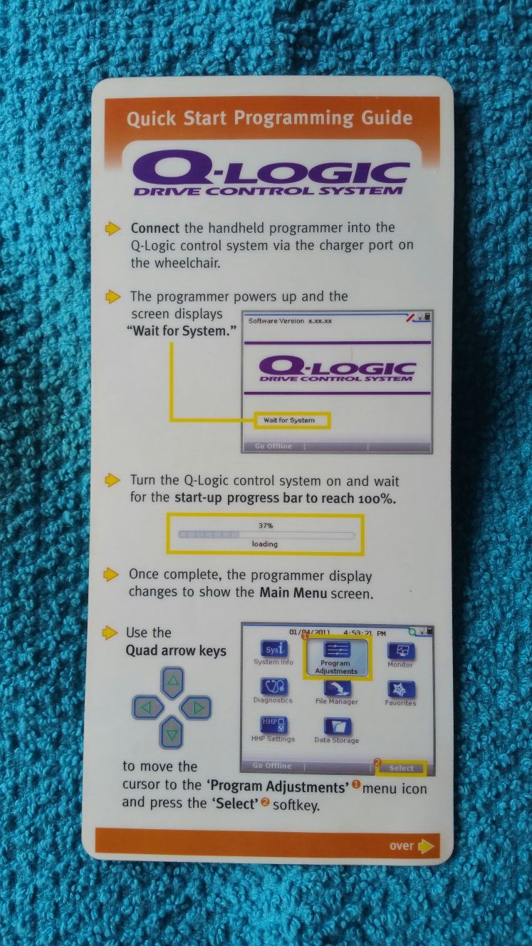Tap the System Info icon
pos(273,650)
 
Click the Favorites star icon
pos(400,690)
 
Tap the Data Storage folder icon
pos(337,727)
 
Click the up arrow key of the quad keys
pos(172,682)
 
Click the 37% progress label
pos(265,524)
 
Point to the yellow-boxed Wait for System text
pos(289,420)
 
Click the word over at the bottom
pos(402,846)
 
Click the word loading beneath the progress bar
pos(265,544)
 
